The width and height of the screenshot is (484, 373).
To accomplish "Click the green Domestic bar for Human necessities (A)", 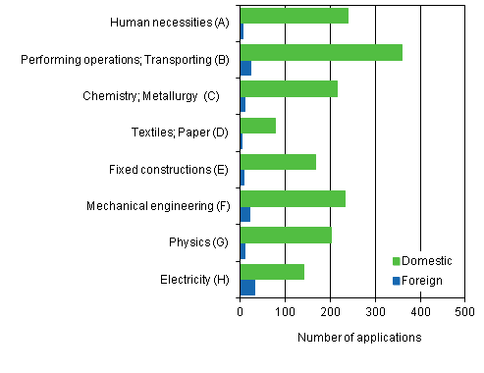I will click(x=294, y=16).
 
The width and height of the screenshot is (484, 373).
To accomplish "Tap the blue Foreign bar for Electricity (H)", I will click(x=247, y=288).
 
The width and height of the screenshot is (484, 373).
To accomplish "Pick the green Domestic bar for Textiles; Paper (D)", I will click(x=257, y=126).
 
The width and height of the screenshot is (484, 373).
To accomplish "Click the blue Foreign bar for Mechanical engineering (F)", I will click(x=245, y=214).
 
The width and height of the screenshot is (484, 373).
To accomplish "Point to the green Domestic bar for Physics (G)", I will click(x=286, y=236).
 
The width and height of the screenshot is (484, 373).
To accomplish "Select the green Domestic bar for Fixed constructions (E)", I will click(x=278, y=162).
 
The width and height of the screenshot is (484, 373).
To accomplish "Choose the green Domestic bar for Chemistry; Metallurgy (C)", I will click(x=289, y=89).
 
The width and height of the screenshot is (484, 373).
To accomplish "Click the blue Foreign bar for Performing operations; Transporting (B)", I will click(x=245, y=68).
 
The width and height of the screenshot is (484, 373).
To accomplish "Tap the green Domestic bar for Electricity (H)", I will click(x=272, y=272).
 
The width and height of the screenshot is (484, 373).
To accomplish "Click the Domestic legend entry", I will click(x=421, y=260).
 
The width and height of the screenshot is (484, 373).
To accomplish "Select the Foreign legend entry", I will click(x=417, y=280).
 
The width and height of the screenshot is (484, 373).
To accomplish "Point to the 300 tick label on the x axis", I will click(x=375, y=312).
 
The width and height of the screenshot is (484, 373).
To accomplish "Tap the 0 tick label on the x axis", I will click(x=241, y=312).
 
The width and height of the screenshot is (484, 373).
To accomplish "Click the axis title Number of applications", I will click(x=359, y=338).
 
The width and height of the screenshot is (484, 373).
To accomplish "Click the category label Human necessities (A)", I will click(x=170, y=23).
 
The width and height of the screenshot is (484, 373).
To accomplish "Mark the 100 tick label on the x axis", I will click(x=286, y=312).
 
